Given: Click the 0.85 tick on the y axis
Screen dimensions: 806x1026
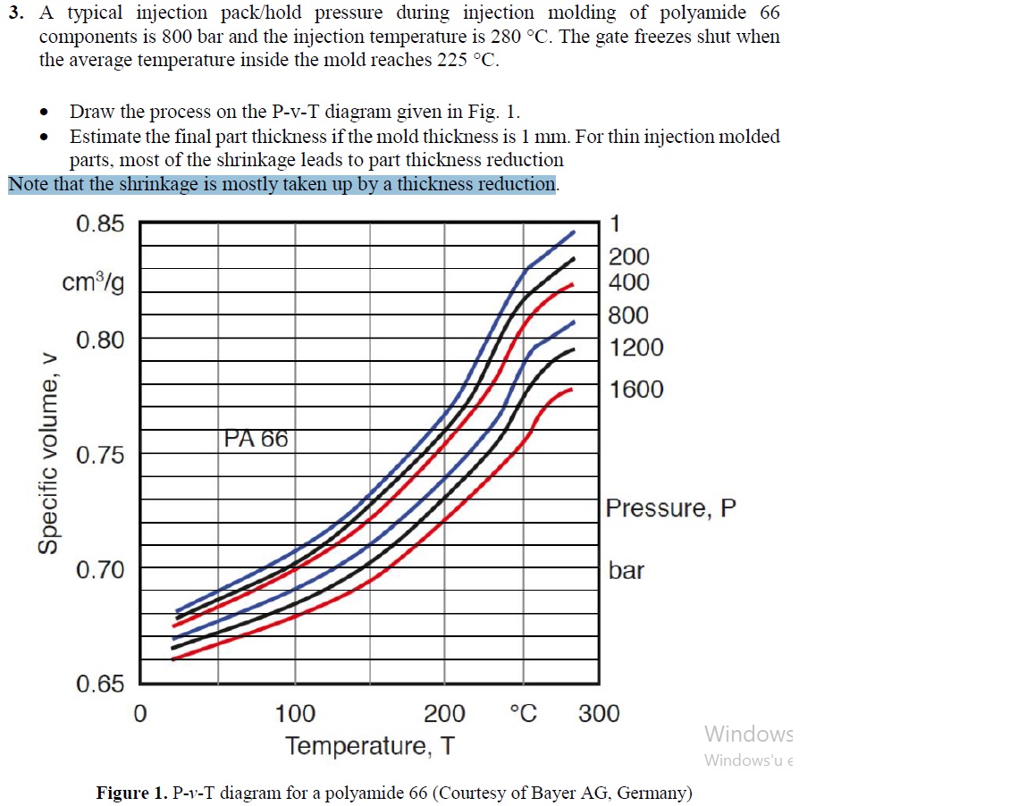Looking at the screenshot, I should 100,224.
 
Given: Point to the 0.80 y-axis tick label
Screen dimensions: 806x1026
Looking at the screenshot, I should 100,340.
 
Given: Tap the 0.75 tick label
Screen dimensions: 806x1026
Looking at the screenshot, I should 100,456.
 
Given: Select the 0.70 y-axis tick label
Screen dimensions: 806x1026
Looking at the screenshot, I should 100,570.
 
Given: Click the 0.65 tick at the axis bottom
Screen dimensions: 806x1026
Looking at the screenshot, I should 100,685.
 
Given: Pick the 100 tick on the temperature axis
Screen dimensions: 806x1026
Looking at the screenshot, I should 295,714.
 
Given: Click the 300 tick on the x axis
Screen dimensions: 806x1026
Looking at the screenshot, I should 598,714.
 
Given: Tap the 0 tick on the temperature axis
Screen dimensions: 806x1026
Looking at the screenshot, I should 139,714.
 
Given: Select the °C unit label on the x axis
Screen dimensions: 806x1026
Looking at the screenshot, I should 523,714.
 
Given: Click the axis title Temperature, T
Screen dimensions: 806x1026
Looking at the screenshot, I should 369,745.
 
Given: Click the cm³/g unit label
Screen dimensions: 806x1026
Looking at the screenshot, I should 93,282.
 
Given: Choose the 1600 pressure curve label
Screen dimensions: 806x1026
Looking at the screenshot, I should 636,390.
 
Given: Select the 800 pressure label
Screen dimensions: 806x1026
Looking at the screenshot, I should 628,315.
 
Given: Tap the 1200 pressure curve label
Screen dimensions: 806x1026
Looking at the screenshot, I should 636,348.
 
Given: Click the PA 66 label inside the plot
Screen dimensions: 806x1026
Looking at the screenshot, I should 256,440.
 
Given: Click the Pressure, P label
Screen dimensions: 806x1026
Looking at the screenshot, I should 671,508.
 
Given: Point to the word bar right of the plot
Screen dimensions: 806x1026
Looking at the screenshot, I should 626,570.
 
